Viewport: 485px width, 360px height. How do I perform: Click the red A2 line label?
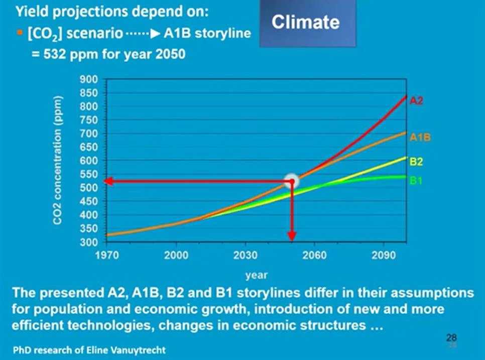click(x=416, y=101)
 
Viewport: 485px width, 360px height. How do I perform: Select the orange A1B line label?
click(x=420, y=137)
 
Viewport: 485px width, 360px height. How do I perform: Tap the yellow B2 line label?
click(x=416, y=162)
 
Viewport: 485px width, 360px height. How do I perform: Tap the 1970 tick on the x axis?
click(x=107, y=255)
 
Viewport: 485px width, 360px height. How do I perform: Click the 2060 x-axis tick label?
click(x=315, y=255)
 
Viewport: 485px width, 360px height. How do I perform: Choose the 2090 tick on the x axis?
click(x=384, y=255)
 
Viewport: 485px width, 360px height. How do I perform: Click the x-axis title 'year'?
click(x=256, y=275)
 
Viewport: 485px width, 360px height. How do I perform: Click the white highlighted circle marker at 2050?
click(x=292, y=181)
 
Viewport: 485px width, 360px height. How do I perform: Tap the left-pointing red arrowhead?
click(x=107, y=182)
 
